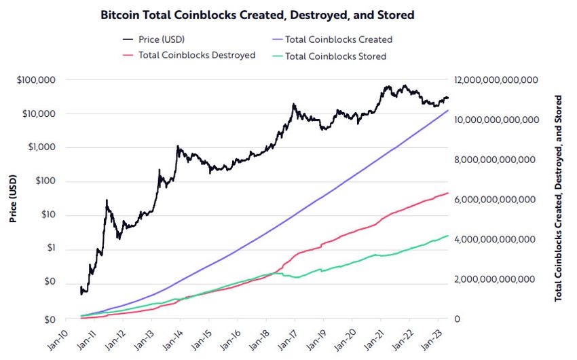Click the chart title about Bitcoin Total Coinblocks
pos(257,14)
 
